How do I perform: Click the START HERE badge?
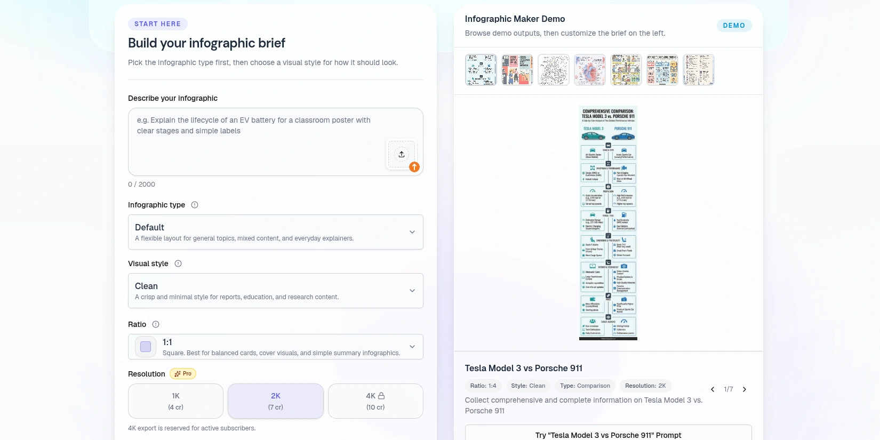(x=157, y=24)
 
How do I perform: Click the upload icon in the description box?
(x=402, y=154)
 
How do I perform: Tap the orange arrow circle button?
(x=414, y=167)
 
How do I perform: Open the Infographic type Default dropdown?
(x=275, y=232)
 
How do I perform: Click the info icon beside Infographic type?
(x=195, y=205)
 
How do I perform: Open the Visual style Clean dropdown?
(x=275, y=291)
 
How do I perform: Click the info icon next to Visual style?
(x=178, y=263)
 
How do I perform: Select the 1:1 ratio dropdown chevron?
(x=412, y=347)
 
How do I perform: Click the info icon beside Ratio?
(x=156, y=324)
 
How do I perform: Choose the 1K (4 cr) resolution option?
(x=175, y=401)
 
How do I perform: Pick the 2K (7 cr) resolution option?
(x=275, y=401)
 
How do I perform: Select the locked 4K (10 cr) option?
(x=375, y=401)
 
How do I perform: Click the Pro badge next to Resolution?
(x=183, y=374)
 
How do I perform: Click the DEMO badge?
(x=734, y=26)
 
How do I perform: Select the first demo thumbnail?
(x=481, y=70)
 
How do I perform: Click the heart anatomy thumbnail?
(x=589, y=70)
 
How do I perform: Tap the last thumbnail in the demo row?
(x=698, y=70)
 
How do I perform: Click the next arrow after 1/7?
(x=745, y=389)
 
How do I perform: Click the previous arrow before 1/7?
(x=713, y=389)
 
